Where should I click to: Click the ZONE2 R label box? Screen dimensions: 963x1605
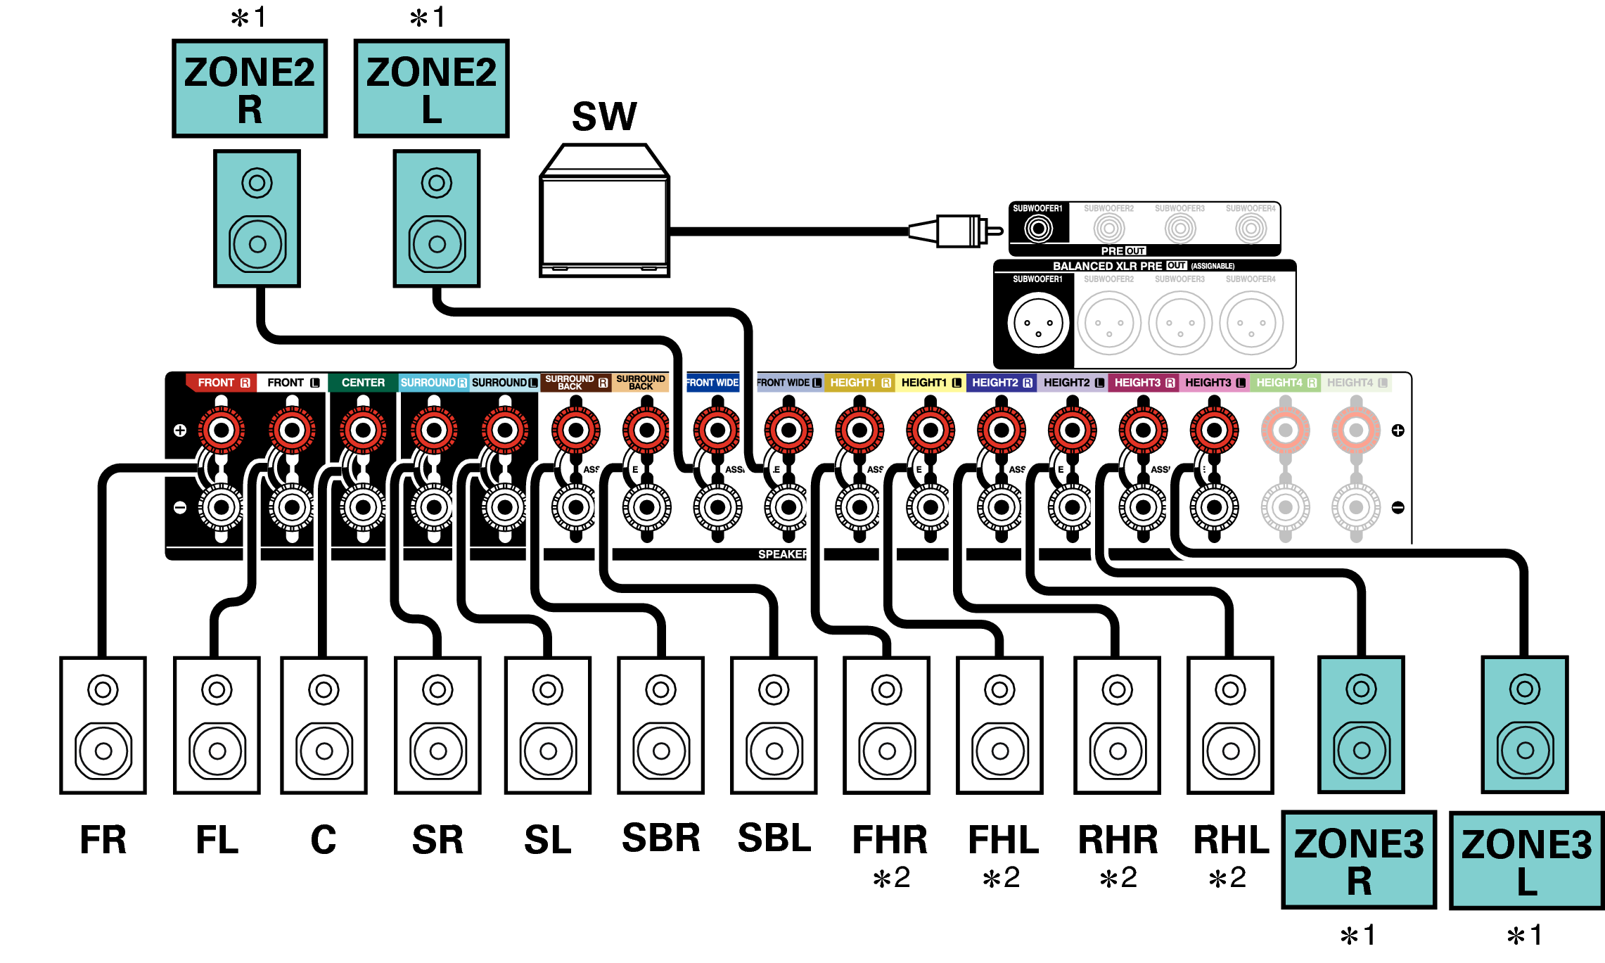tap(250, 89)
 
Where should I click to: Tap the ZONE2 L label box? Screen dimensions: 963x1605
tap(431, 89)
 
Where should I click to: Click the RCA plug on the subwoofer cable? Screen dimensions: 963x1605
tap(957, 231)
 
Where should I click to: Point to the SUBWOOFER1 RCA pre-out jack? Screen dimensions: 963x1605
tap(1038, 228)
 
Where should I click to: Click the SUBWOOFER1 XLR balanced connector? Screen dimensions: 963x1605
tap(1038, 323)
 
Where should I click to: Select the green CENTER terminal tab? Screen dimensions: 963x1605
tap(363, 383)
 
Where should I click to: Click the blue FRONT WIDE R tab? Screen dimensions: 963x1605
tap(712, 383)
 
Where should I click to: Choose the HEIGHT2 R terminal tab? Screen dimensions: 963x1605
tap(1002, 383)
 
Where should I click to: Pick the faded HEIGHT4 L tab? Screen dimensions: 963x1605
tap(1356, 383)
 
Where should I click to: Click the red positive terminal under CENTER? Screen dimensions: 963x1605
tap(363, 430)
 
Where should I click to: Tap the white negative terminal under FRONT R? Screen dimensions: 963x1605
tap(222, 507)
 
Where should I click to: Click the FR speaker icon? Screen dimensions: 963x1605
tap(103, 725)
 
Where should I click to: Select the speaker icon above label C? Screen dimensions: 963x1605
tap(324, 725)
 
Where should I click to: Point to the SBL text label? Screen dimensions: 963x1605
tap(774, 838)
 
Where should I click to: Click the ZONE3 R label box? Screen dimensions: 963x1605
tap(1359, 860)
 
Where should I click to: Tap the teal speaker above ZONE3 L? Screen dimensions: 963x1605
tap(1524, 725)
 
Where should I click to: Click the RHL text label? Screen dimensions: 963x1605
tap(1231, 839)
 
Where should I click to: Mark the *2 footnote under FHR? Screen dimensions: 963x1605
tap(891, 878)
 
